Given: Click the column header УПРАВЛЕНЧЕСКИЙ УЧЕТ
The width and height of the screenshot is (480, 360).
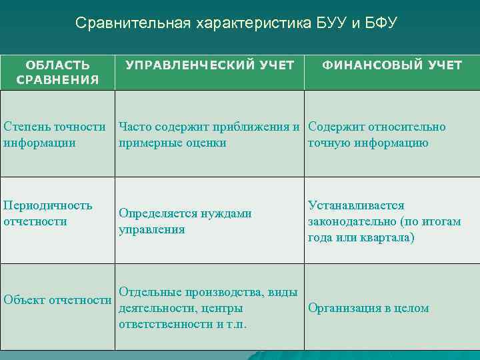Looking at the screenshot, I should click(210, 65).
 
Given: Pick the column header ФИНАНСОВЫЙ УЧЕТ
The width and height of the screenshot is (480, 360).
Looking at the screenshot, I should click(392, 65).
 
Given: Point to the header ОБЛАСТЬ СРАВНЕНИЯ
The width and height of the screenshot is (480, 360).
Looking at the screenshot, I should click(57, 73).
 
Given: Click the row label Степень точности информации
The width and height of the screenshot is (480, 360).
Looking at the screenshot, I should click(55, 135).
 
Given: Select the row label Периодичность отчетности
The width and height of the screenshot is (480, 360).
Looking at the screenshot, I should click(48, 213).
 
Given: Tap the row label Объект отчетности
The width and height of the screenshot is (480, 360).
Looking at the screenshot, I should click(57, 300).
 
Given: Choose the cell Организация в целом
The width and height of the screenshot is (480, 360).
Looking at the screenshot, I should click(368, 308).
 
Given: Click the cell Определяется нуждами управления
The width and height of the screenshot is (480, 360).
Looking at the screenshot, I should click(185, 221).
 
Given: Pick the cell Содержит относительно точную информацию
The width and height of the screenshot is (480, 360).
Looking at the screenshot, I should click(377, 135).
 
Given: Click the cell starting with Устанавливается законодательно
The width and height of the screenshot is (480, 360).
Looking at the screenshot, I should click(384, 221).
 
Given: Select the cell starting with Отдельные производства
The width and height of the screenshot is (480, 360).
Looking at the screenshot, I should click(207, 308).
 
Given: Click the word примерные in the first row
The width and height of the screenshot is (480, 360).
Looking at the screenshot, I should click(146, 143).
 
